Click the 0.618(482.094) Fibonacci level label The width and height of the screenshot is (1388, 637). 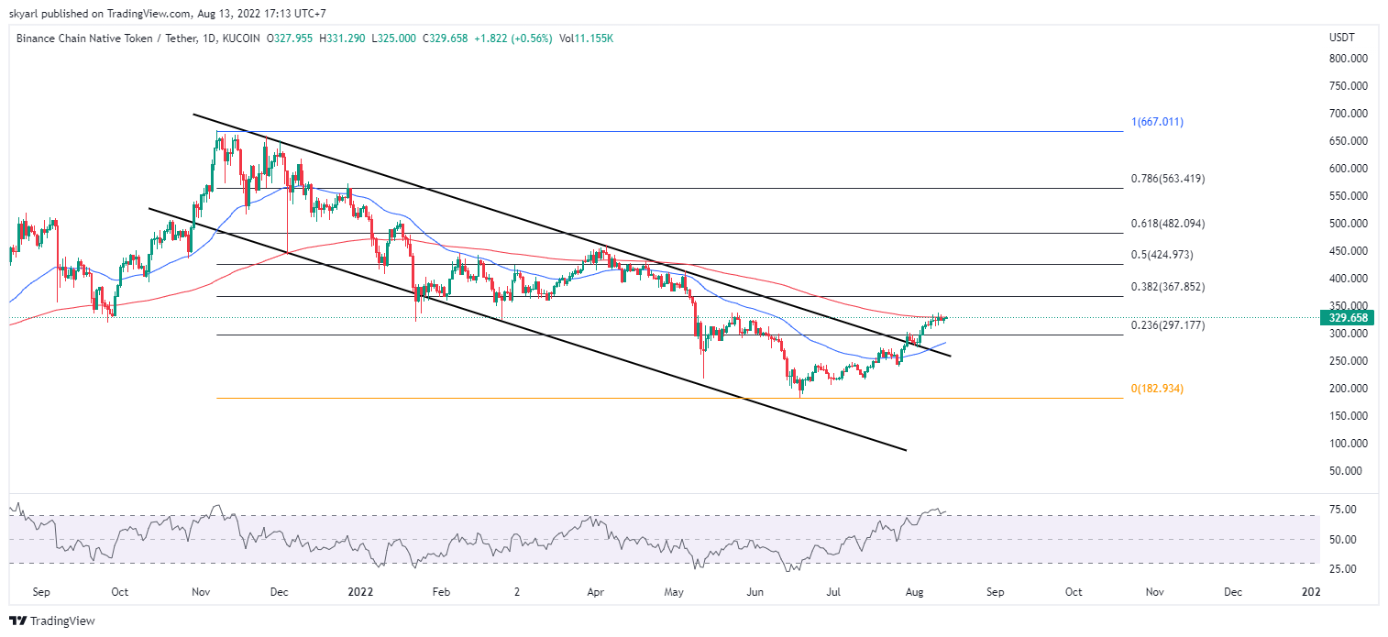[x=1167, y=224]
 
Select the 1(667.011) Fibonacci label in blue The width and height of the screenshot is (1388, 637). [x=1157, y=122]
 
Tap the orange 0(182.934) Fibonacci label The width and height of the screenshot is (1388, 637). [x=1157, y=389]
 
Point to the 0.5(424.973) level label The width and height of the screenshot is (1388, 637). [x=1162, y=255]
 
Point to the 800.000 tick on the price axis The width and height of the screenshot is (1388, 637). [x=1348, y=59]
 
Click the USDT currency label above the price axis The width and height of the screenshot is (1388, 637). [x=1341, y=38]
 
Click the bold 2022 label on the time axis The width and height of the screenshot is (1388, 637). [x=360, y=593]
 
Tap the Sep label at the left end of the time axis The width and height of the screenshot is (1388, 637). [x=40, y=593]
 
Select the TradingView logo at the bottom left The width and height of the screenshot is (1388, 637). [x=52, y=621]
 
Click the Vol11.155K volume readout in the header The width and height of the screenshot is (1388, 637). [x=586, y=38]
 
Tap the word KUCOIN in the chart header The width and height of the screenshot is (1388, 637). [x=240, y=38]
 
